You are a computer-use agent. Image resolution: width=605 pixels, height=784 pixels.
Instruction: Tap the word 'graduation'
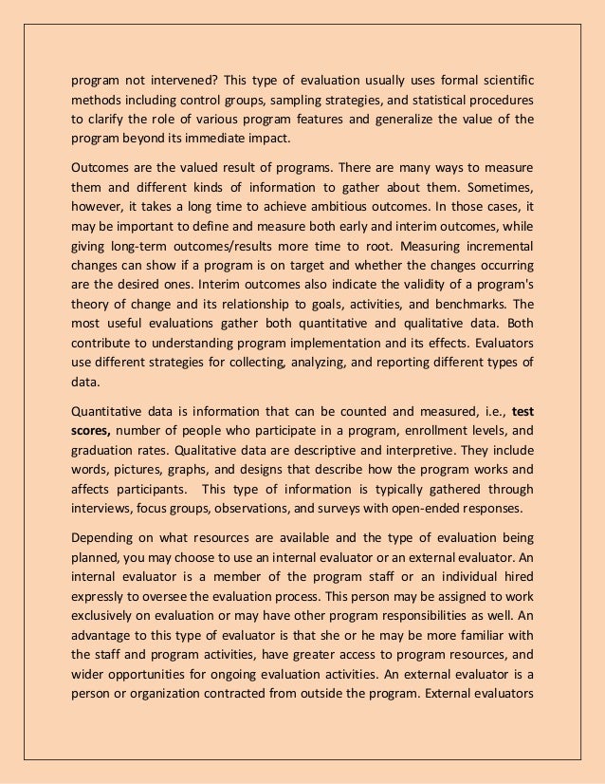[x=107, y=453]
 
